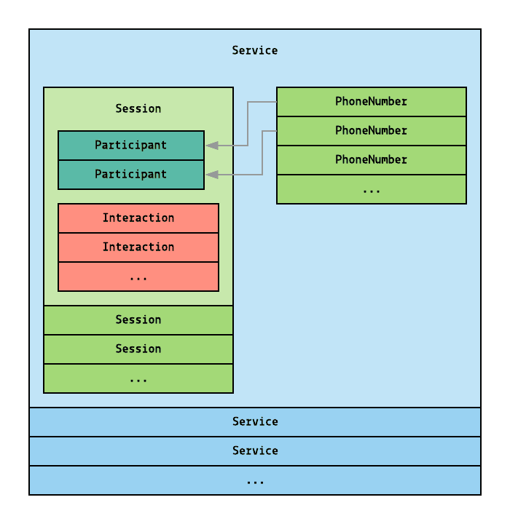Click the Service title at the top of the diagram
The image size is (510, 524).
(255, 50)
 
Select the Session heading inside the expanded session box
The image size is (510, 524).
(138, 108)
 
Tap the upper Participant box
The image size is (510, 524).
(131, 145)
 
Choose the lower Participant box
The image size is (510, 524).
(131, 174)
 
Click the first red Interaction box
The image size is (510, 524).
(138, 218)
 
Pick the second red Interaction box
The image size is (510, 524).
(138, 247)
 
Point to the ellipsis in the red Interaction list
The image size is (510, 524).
(138, 277)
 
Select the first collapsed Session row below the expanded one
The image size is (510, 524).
(138, 319)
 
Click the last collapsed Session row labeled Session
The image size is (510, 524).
(138, 349)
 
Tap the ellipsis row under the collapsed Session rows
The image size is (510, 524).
(138, 378)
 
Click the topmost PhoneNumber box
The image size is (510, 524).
(372, 101)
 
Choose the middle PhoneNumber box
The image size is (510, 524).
(372, 130)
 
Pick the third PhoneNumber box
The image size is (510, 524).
(372, 159)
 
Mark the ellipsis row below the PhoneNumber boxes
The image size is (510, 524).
(372, 189)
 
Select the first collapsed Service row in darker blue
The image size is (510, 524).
(255, 421)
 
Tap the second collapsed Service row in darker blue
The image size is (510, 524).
(255, 450)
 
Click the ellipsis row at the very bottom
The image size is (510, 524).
(255, 480)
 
